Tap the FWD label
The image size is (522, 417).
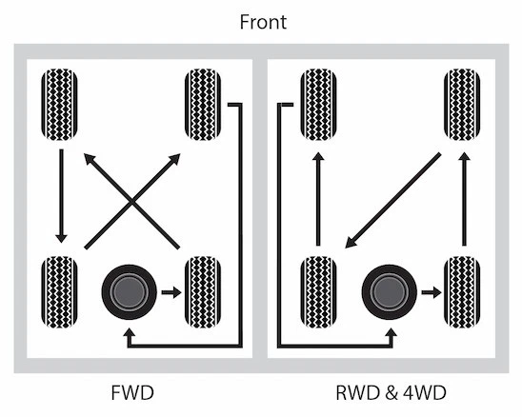pyautogui.click(x=130, y=392)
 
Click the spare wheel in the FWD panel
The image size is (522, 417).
pyautogui.click(x=128, y=292)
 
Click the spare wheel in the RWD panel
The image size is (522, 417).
pyautogui.click(x=389, y=292)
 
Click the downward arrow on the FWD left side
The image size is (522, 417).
pyautogui.click(x=59, y=196)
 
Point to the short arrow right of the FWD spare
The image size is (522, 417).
pyautogui.click(x=170, y=292)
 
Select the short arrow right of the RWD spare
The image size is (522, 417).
pyautogui.click(x=431, y=292)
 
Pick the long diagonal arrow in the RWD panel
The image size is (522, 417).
pyautogui.click(x=392, y=199)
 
